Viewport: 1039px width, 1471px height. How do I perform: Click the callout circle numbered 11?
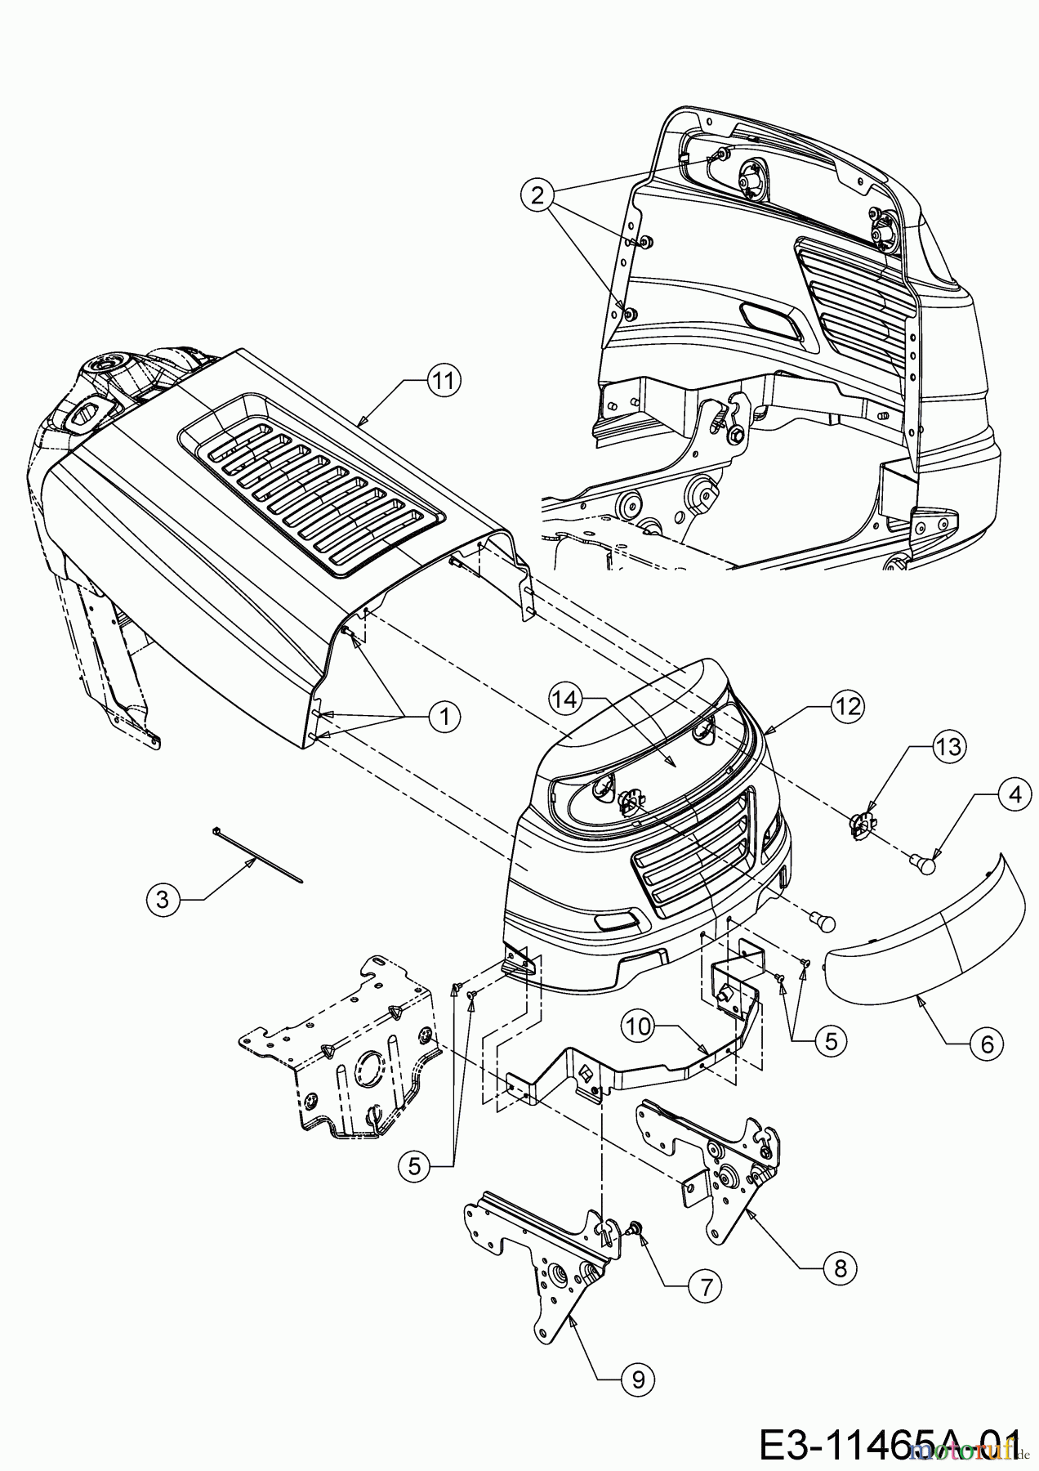[444, 382]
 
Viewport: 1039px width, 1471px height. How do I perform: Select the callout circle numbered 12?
[849, 706]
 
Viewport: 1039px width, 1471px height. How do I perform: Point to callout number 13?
[949, 746]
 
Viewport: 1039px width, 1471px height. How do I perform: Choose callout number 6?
[987, 1044]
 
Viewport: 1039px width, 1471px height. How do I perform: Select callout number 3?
[163, 900]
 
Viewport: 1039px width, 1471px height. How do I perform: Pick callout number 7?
[706, 1285]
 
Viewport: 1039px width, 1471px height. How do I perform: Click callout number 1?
[444, 717]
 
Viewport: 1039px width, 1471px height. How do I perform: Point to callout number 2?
[537, 195]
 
